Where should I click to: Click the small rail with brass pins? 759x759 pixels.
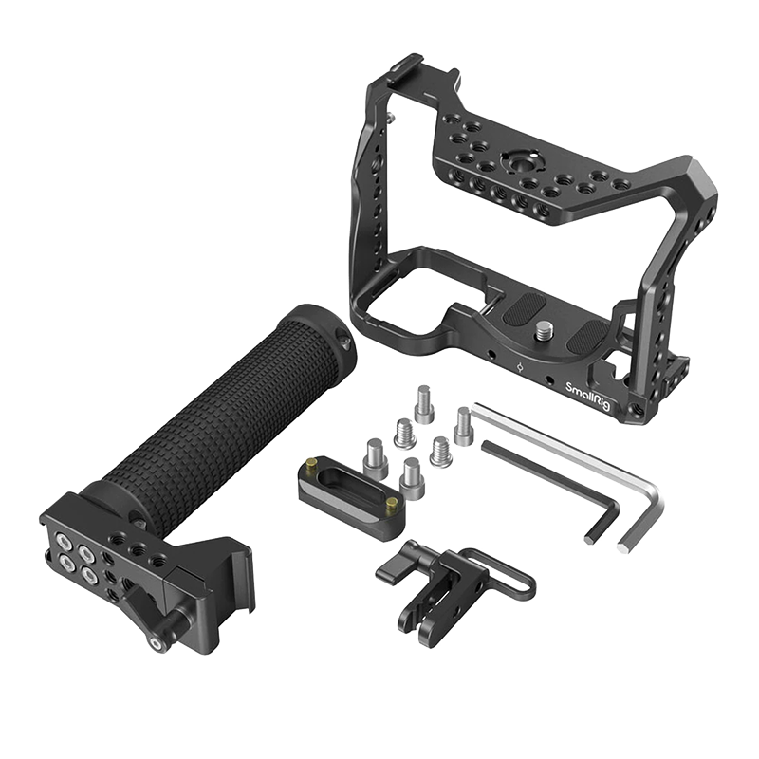pyautogui.click(x=348, y=501)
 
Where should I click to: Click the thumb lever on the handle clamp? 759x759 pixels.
pyautogui.click(x=145, y=610)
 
